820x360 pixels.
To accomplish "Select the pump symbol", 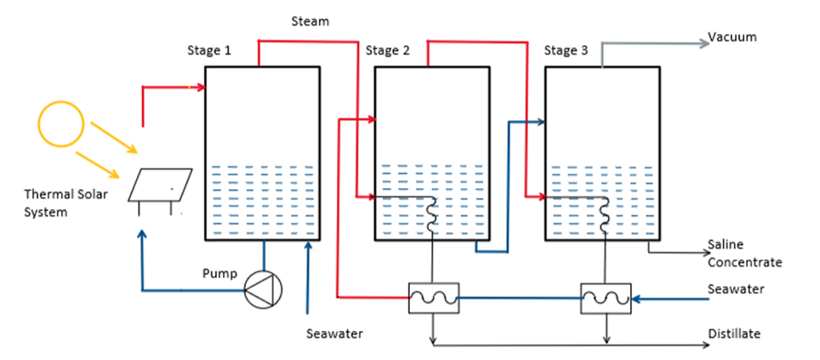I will (261, 291).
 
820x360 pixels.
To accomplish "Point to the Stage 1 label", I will (209, 50).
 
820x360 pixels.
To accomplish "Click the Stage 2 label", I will (388, 50).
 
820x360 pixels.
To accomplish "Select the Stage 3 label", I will (566, 50).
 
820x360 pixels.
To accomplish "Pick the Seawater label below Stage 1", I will (334, 333).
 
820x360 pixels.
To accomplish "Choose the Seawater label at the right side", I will (736, 289).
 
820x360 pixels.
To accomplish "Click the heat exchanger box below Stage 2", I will (434, 298).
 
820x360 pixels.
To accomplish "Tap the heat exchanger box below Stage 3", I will (605, 298).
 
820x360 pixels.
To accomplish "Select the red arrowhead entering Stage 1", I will (202, 87).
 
